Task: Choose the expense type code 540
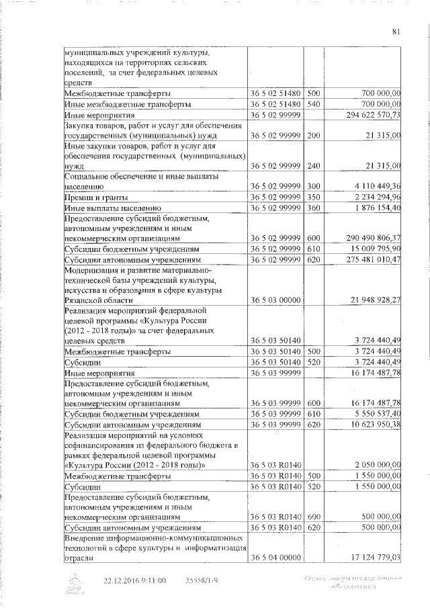pos(313,104)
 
